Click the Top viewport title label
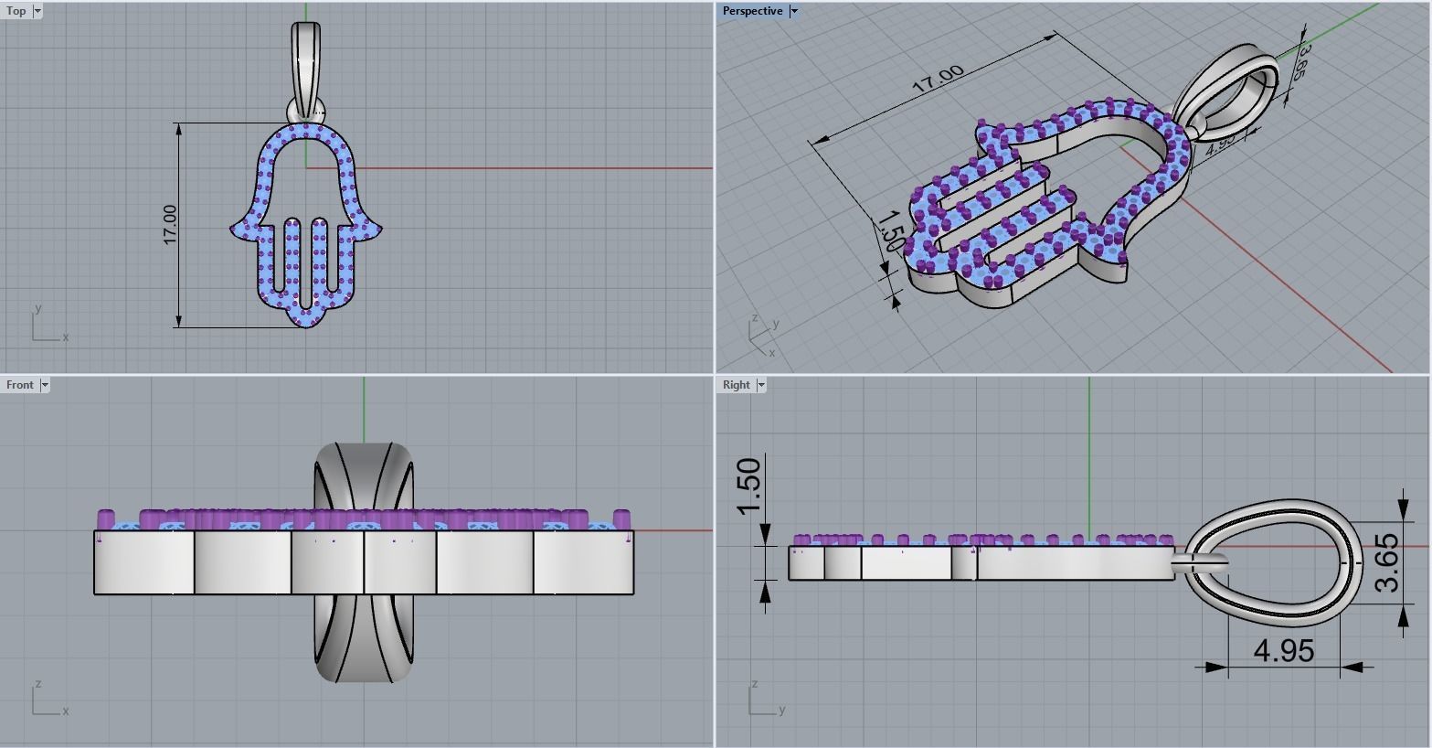tap(16, 11)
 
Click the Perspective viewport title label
tap(751, 11)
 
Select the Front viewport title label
tap(19, 385)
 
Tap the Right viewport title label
tap(736, 385)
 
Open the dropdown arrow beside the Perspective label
tap(794, 11)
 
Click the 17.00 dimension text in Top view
tap(170, 224)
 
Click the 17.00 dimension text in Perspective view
tap(938, 78)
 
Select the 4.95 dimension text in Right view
tap(1284, 651)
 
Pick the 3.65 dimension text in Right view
tap(1386, 563)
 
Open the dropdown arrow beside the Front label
tap(45, 385)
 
